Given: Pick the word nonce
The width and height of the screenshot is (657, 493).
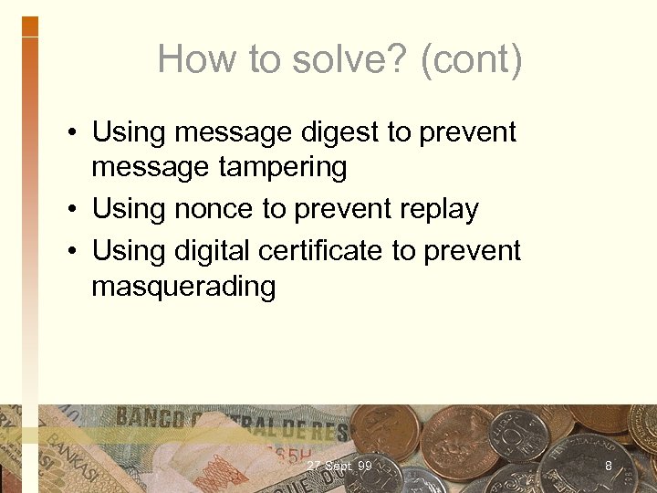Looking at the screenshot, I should [213, 209].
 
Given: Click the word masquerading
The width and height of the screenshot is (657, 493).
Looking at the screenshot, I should [183, 286].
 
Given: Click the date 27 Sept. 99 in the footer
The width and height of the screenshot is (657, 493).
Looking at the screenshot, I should [339, 467].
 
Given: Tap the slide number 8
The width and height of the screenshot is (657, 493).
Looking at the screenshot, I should [608, 467].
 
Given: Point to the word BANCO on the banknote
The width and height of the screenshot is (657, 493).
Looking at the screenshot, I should [150, 418].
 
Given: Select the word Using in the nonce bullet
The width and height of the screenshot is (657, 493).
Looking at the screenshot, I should [129, 209].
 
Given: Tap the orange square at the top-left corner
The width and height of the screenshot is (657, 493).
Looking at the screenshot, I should [29, 26].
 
